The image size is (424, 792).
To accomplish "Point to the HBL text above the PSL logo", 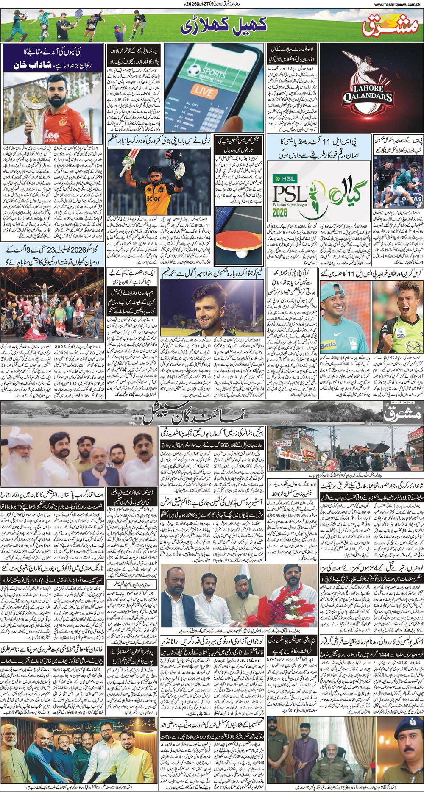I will [283, 178].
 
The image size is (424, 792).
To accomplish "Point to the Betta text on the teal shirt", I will [328, 346].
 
